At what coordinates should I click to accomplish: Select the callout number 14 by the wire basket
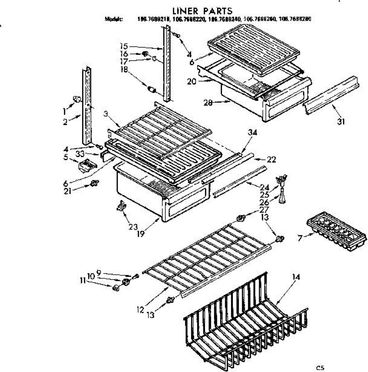(x=296, y=277)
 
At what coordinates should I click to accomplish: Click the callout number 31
(x=341, y=122)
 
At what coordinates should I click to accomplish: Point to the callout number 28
(x=208, y=103)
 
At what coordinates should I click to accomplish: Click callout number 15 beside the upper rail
(x=124, y=46)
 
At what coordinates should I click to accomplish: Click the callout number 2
(x=65, y=122)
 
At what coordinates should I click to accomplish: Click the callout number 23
(x=133, y=227)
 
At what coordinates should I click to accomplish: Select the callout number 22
(x=271, y=160)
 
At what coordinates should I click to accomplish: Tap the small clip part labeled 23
(x=121, y=206)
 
